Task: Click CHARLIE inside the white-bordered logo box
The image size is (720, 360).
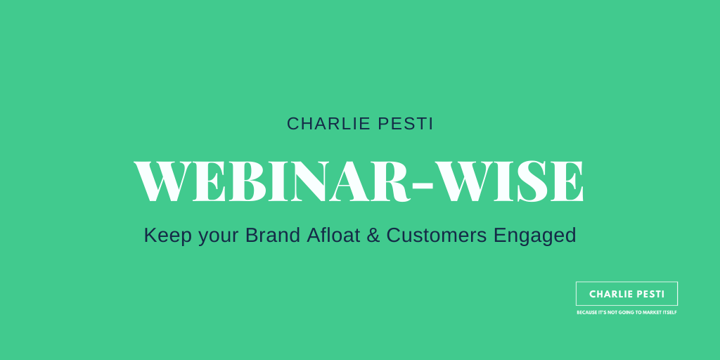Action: click(609, 294)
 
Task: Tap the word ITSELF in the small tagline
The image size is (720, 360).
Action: click(669, 312)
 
